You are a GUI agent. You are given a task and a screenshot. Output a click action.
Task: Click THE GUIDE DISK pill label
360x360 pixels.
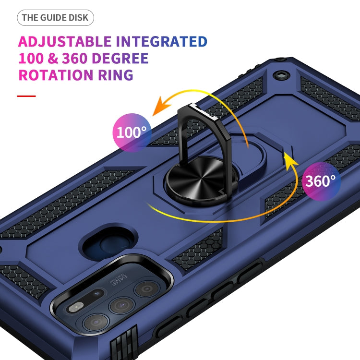click(x=55, y=18)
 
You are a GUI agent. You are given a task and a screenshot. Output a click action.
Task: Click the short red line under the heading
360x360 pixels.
click(x=26, y=96)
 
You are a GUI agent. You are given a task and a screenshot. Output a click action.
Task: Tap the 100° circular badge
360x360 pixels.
click(x=132, y=132)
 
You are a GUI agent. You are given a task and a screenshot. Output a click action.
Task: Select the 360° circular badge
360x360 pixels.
click(x=322, y=181)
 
